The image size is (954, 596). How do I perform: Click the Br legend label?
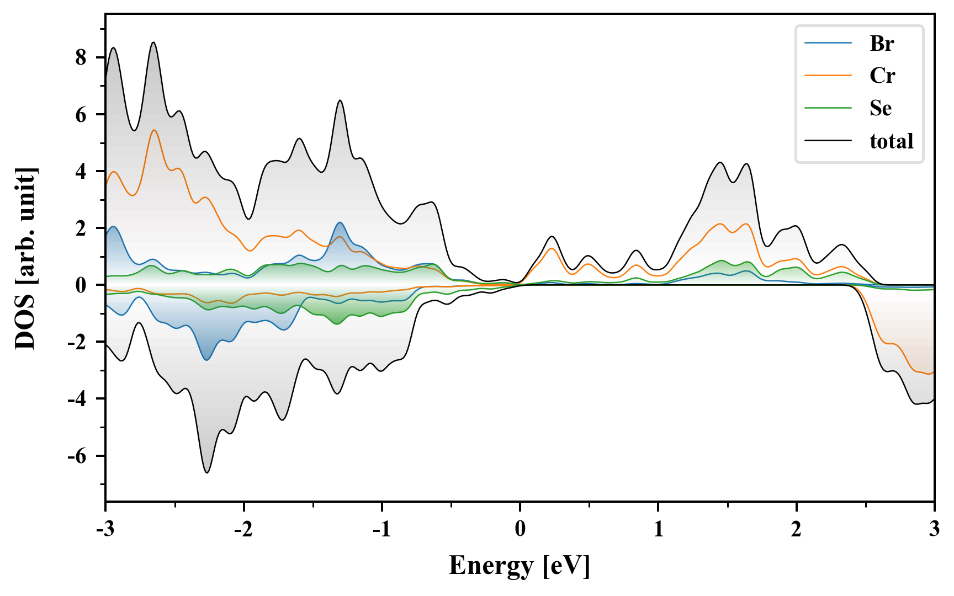[x=881, y=43]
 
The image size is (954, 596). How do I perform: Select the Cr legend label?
[x=882, y=76]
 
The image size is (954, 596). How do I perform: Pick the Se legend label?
[x=881, y=108]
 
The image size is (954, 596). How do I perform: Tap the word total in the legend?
[x=891, y=141]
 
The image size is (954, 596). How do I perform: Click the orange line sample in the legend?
[x=828, y=75]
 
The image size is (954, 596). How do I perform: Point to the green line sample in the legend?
[x=828, y=108]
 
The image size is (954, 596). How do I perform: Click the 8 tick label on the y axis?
[x=81, y=57]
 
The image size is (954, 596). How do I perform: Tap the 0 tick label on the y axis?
[x=81, y=285]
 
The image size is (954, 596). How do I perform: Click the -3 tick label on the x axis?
[x=105, y=529]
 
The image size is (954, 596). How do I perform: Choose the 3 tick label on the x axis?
[x=934, y=529]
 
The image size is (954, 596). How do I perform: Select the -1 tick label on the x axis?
[x=381, y=529]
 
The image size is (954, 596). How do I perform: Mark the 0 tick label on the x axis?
[x=520, y=529]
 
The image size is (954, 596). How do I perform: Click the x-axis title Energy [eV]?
[x=520, y=566]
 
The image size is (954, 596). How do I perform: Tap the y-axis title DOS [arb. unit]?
[x=25, y=258]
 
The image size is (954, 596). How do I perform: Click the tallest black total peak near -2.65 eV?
[x=153, y=42]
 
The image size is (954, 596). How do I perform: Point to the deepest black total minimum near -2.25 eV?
[x=207, y=472]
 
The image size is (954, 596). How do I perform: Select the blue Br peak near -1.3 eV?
[x=340, y=222]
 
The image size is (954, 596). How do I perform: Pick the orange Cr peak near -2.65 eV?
[x=154, y=130]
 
